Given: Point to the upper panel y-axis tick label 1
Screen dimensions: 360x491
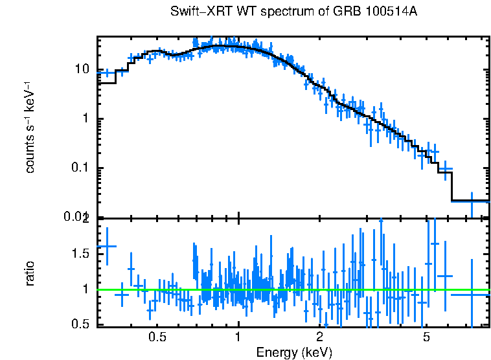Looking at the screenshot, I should coord(87,119).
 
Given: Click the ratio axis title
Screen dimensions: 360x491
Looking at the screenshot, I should coord(30,273).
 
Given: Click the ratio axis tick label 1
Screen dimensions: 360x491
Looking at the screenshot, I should coord(87,289).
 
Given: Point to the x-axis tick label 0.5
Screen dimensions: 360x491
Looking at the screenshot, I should coord(157,337).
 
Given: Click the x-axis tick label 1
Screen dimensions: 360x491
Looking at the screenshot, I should coord(238,337).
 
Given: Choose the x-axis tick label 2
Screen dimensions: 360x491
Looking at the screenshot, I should coord(319,337).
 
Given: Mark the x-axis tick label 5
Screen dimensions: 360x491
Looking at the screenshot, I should coord(426,337).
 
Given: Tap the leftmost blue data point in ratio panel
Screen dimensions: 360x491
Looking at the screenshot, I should coord(106,246).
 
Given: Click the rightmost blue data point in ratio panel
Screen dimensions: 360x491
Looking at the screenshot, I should coord(472,295).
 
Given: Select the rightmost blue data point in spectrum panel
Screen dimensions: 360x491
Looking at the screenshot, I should coord(472,201).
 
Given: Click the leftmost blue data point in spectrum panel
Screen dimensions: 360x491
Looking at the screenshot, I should coord(107,73).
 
